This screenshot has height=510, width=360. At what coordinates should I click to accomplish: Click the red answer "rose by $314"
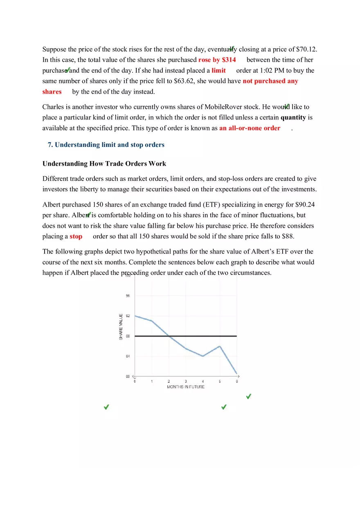pos(217,60)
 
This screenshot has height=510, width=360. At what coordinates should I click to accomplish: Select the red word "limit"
pos(218,70)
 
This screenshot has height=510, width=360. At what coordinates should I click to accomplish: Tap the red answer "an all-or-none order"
pos(250,128)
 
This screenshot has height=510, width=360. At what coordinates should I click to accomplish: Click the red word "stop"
pos(76,236)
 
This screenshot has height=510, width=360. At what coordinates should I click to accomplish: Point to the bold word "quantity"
pos(293,117)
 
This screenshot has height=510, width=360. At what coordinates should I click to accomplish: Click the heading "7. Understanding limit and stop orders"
pos(106,145)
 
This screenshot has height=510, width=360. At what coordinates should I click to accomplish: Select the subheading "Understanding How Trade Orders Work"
pos(104,164)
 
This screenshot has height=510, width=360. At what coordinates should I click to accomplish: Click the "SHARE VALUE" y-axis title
pos(121,326)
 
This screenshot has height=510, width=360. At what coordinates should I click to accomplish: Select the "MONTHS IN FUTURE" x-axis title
pos(186,386)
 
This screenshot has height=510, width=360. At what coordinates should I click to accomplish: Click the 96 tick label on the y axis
pos(128,296)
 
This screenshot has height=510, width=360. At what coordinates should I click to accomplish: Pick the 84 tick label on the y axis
pos(128,356)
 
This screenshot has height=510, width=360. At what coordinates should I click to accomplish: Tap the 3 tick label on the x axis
pos(186,382)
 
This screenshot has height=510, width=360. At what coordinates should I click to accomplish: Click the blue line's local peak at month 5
pos(220,346)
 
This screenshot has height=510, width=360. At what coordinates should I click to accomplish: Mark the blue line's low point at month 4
pos(203,356)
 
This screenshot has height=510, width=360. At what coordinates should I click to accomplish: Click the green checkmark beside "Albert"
pos(89,214)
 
